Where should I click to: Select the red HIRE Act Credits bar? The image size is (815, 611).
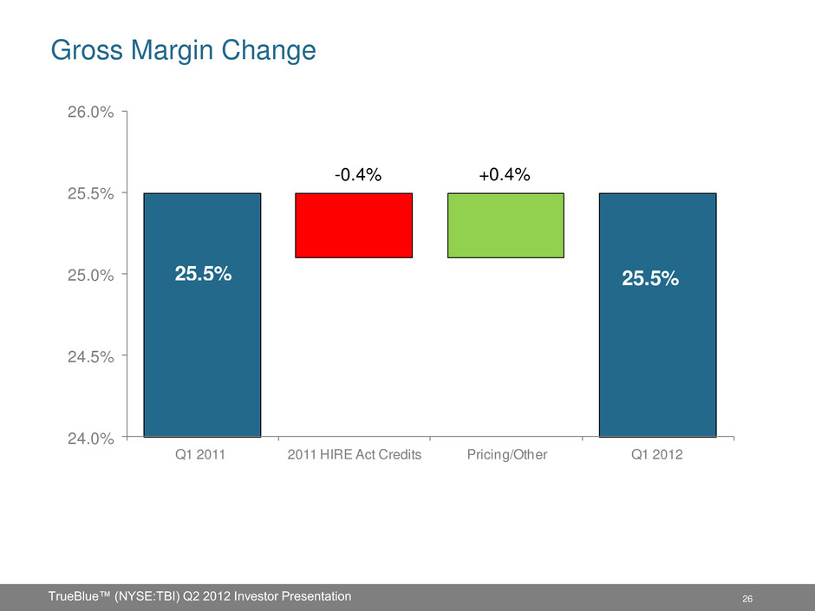354,225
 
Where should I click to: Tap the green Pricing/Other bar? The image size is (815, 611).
505,225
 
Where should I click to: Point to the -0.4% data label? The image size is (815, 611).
358,175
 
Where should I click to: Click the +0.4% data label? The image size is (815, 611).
504,175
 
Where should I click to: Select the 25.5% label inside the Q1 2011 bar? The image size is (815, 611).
203,274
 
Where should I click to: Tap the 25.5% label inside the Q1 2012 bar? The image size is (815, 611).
650,279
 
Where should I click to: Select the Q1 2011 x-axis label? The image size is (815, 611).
203,457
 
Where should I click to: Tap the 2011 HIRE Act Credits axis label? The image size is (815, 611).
354,457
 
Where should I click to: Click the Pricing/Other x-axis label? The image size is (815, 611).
505,457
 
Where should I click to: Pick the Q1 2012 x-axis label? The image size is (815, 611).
658,457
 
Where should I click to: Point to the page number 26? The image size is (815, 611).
747,599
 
